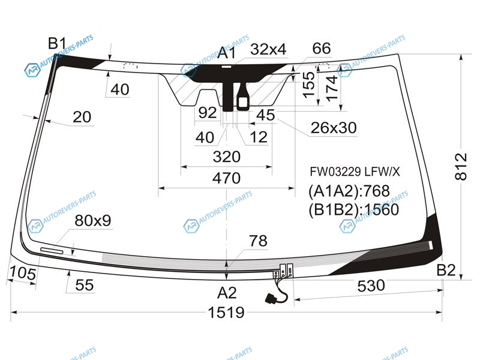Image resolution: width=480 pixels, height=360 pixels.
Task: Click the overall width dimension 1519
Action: point(226,313)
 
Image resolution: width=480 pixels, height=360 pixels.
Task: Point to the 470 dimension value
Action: point(226,178)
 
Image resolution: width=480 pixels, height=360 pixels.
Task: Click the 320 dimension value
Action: point(226,157)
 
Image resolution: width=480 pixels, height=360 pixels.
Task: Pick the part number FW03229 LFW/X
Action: point(354,172)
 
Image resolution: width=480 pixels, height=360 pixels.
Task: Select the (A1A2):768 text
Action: point(349,191)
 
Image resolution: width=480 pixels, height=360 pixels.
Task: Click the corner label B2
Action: point(446,271)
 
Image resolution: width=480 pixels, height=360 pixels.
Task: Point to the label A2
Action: point(226,293)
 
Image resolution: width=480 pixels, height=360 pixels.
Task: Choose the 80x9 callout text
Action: point(93,221)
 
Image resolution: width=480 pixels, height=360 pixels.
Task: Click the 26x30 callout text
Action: point(333,127)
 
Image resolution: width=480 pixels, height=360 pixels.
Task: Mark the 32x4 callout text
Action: point(268,49)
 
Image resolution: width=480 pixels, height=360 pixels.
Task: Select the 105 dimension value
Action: point(22,274)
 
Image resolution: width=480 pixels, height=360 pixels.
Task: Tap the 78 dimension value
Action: point(258,241)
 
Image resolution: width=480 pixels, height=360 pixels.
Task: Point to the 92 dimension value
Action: point(207,113)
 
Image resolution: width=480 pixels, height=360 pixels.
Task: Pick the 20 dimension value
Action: point(82,117)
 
